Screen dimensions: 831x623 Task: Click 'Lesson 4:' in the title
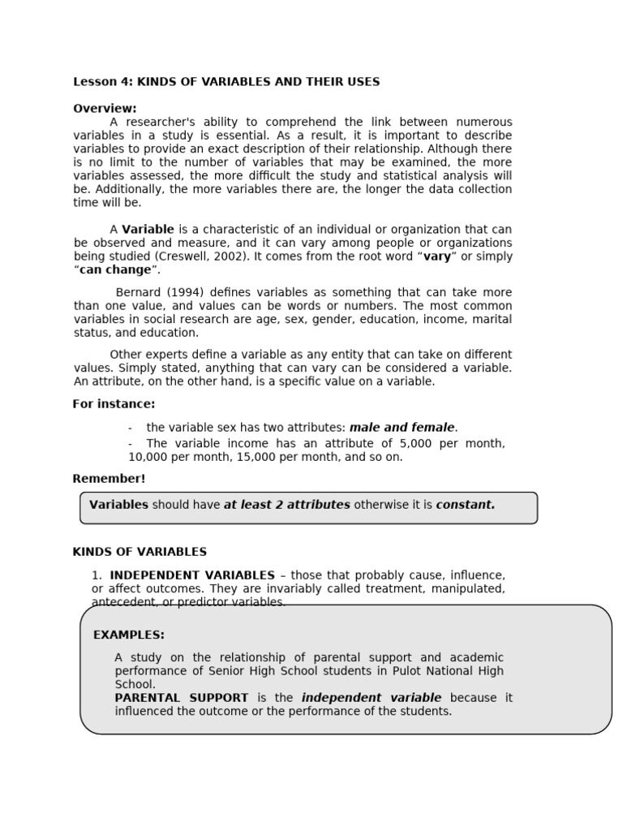(103, 82)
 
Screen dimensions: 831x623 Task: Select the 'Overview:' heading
(105, 109)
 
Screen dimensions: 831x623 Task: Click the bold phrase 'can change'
(115, 270)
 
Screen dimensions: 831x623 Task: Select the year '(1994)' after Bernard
(177, 292)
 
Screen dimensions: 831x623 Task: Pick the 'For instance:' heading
(114, 404)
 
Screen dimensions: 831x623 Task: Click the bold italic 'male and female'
(402, 428)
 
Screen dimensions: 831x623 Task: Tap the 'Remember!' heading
(109, 479)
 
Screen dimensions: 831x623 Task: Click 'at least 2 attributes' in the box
(287, 505)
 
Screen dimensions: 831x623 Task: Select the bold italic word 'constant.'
(466, 505)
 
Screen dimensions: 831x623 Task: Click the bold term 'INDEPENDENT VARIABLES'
(192, 575)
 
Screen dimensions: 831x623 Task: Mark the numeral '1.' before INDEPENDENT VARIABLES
(97, 575)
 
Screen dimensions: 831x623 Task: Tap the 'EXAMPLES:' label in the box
(129, 635)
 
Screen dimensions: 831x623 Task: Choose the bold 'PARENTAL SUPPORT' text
(182, 698)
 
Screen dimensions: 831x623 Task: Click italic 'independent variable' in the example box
(372, 698)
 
